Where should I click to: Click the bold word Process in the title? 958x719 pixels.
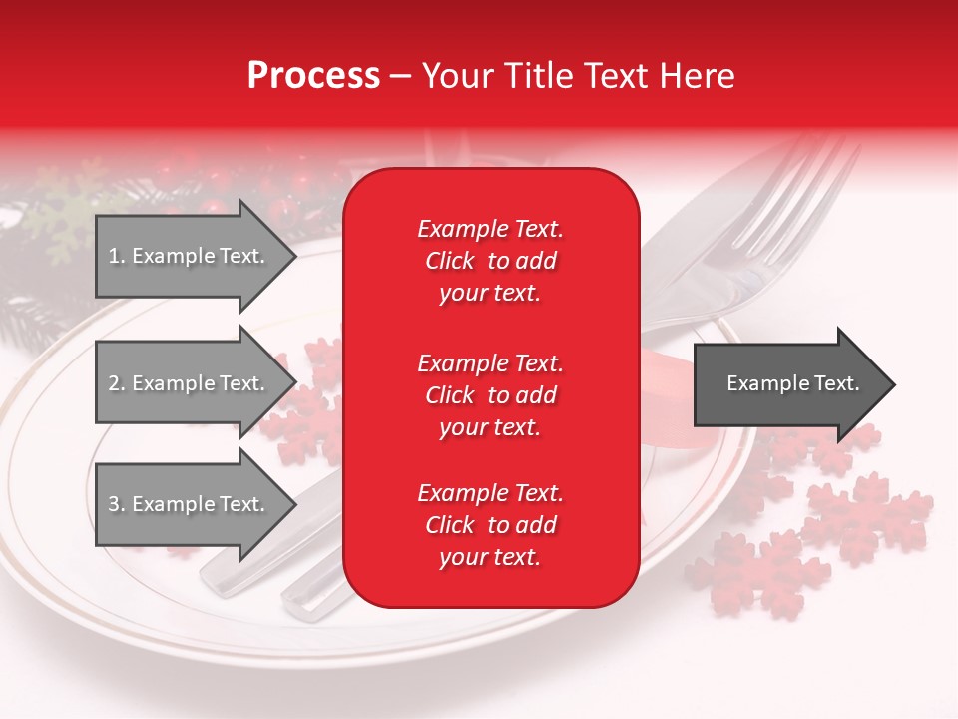click(x=313, y=76)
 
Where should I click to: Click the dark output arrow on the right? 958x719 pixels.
click(x=793, y=383)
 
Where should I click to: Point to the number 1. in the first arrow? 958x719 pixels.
click(x=116, y=256)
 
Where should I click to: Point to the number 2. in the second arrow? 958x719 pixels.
click(x=116, y=383)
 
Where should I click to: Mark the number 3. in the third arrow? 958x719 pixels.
click(x=116, y=504)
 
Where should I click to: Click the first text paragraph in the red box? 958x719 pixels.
click(x=490, y=261)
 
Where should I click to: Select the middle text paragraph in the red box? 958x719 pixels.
click(x=490, y=395)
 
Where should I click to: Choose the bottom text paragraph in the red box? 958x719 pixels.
click(x=490, y=525)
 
